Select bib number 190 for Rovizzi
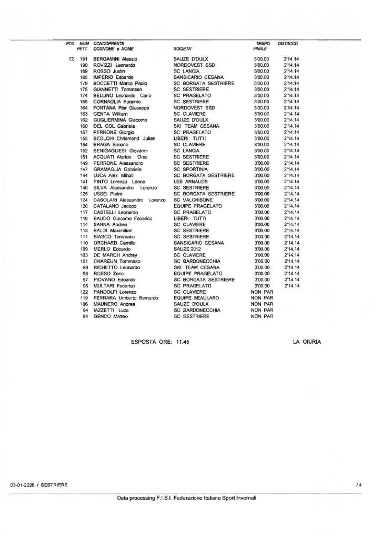[x=83, y=65]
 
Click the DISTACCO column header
[x=288, y=43]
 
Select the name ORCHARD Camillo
[x=112, y=243]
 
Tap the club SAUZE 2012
[x=188, y=249]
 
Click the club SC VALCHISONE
[x=193, y=200]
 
